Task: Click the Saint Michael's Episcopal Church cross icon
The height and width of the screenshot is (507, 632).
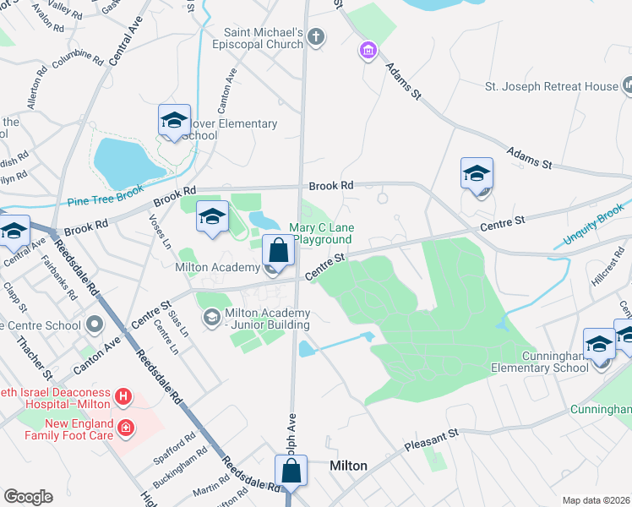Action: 316,36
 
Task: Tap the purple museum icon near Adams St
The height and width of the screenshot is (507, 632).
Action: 367,52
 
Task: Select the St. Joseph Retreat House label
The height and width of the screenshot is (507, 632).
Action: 550,86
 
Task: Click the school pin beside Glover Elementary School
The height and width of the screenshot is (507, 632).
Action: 174,122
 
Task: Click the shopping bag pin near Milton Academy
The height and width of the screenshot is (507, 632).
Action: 279,251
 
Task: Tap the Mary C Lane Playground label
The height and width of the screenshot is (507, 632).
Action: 322,234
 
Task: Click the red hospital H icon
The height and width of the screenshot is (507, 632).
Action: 123,395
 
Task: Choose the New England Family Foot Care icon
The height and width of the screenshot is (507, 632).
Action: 126,428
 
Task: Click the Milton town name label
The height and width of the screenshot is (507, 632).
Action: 347,466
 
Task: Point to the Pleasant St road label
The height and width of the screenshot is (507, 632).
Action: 430,436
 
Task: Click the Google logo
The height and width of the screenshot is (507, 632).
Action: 28,497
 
